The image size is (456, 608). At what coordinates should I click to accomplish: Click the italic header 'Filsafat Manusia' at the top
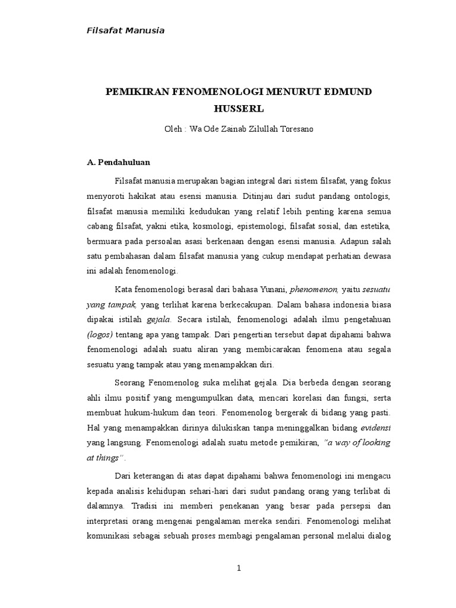125,31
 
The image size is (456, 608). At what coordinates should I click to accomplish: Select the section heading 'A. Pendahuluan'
118,161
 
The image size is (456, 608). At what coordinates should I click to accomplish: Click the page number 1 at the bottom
239,568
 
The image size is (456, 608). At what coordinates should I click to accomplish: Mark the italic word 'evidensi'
375,427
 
